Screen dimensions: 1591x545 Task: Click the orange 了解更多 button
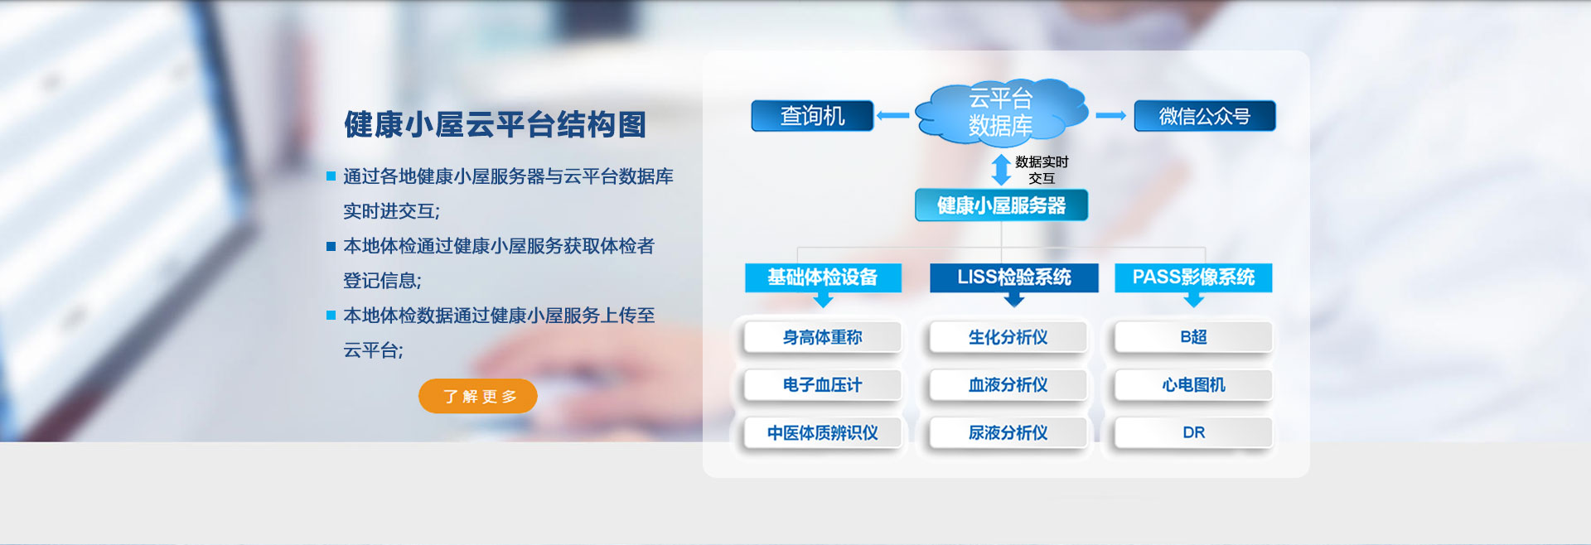[x=478, y=396]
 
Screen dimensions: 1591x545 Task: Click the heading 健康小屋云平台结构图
[x=495, y=125]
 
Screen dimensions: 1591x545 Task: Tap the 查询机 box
[x=812, y=116]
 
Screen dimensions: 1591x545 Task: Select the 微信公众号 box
[x=1205, y=116]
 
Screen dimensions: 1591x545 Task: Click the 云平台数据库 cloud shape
[x=1001, y=113]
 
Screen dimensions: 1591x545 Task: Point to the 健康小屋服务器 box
[x=1001, y=205]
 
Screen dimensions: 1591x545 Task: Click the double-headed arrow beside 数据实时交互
[x=1001, y=170]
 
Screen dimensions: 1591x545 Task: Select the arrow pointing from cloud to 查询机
[x=893, y=116]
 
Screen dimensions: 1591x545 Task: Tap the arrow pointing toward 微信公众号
[x=1110, y=116]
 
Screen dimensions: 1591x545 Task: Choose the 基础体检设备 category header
[x=823, y=277]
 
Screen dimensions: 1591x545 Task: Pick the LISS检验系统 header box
[x=1014, y=277]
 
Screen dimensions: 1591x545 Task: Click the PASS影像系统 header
[x=1193, y=277]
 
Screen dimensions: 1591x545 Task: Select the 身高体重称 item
[x=823, y=337]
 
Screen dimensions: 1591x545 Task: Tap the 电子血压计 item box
[x=823, y=385]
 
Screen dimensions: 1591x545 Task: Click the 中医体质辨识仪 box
[x=823, y=433]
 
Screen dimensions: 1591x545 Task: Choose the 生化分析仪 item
[x=1008, y=337]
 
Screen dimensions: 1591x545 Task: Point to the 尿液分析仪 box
[x=1008, y=433]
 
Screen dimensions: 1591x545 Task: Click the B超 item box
[x=1193, y=337]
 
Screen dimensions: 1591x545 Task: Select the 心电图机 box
[x=1193, y=385]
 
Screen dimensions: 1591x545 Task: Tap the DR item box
[x=1193, y=433]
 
